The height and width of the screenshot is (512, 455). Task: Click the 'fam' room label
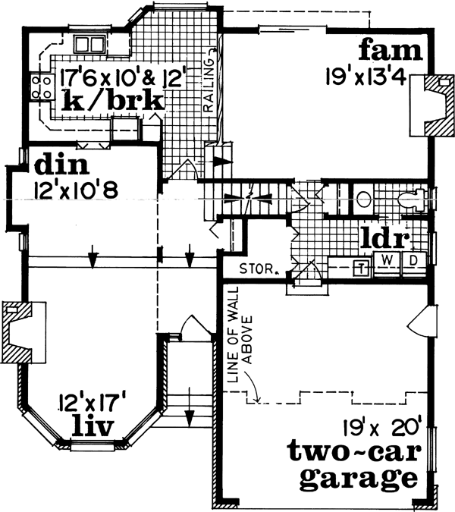389,51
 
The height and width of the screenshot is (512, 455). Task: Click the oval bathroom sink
363,200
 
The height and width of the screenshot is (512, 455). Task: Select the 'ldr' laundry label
384,238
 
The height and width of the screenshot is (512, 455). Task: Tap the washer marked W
388,260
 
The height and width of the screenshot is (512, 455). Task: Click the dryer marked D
414,260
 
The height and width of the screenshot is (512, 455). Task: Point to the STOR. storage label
256,268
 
